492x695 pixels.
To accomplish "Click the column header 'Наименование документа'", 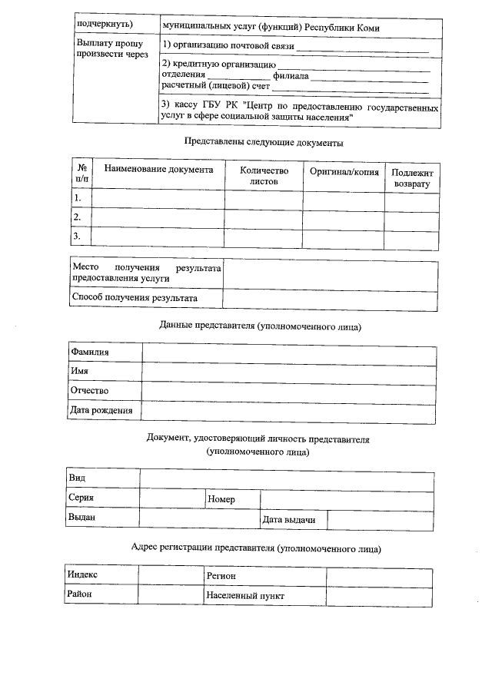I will click(158, 169).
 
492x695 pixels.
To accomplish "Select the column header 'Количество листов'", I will click(264, 176).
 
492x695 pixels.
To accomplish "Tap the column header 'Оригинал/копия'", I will click(344, 172).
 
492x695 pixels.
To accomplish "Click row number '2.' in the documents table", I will click(78, 217).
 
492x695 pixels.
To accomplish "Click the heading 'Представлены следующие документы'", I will click(264, 142).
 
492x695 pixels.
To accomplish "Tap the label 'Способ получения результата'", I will click(135, 298).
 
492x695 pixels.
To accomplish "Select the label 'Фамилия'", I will click(90, 352).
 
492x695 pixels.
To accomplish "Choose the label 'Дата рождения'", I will click(101, 411).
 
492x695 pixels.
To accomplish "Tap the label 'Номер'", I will click(221, 499).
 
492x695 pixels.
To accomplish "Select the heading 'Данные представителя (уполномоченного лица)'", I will click(260, 326).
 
